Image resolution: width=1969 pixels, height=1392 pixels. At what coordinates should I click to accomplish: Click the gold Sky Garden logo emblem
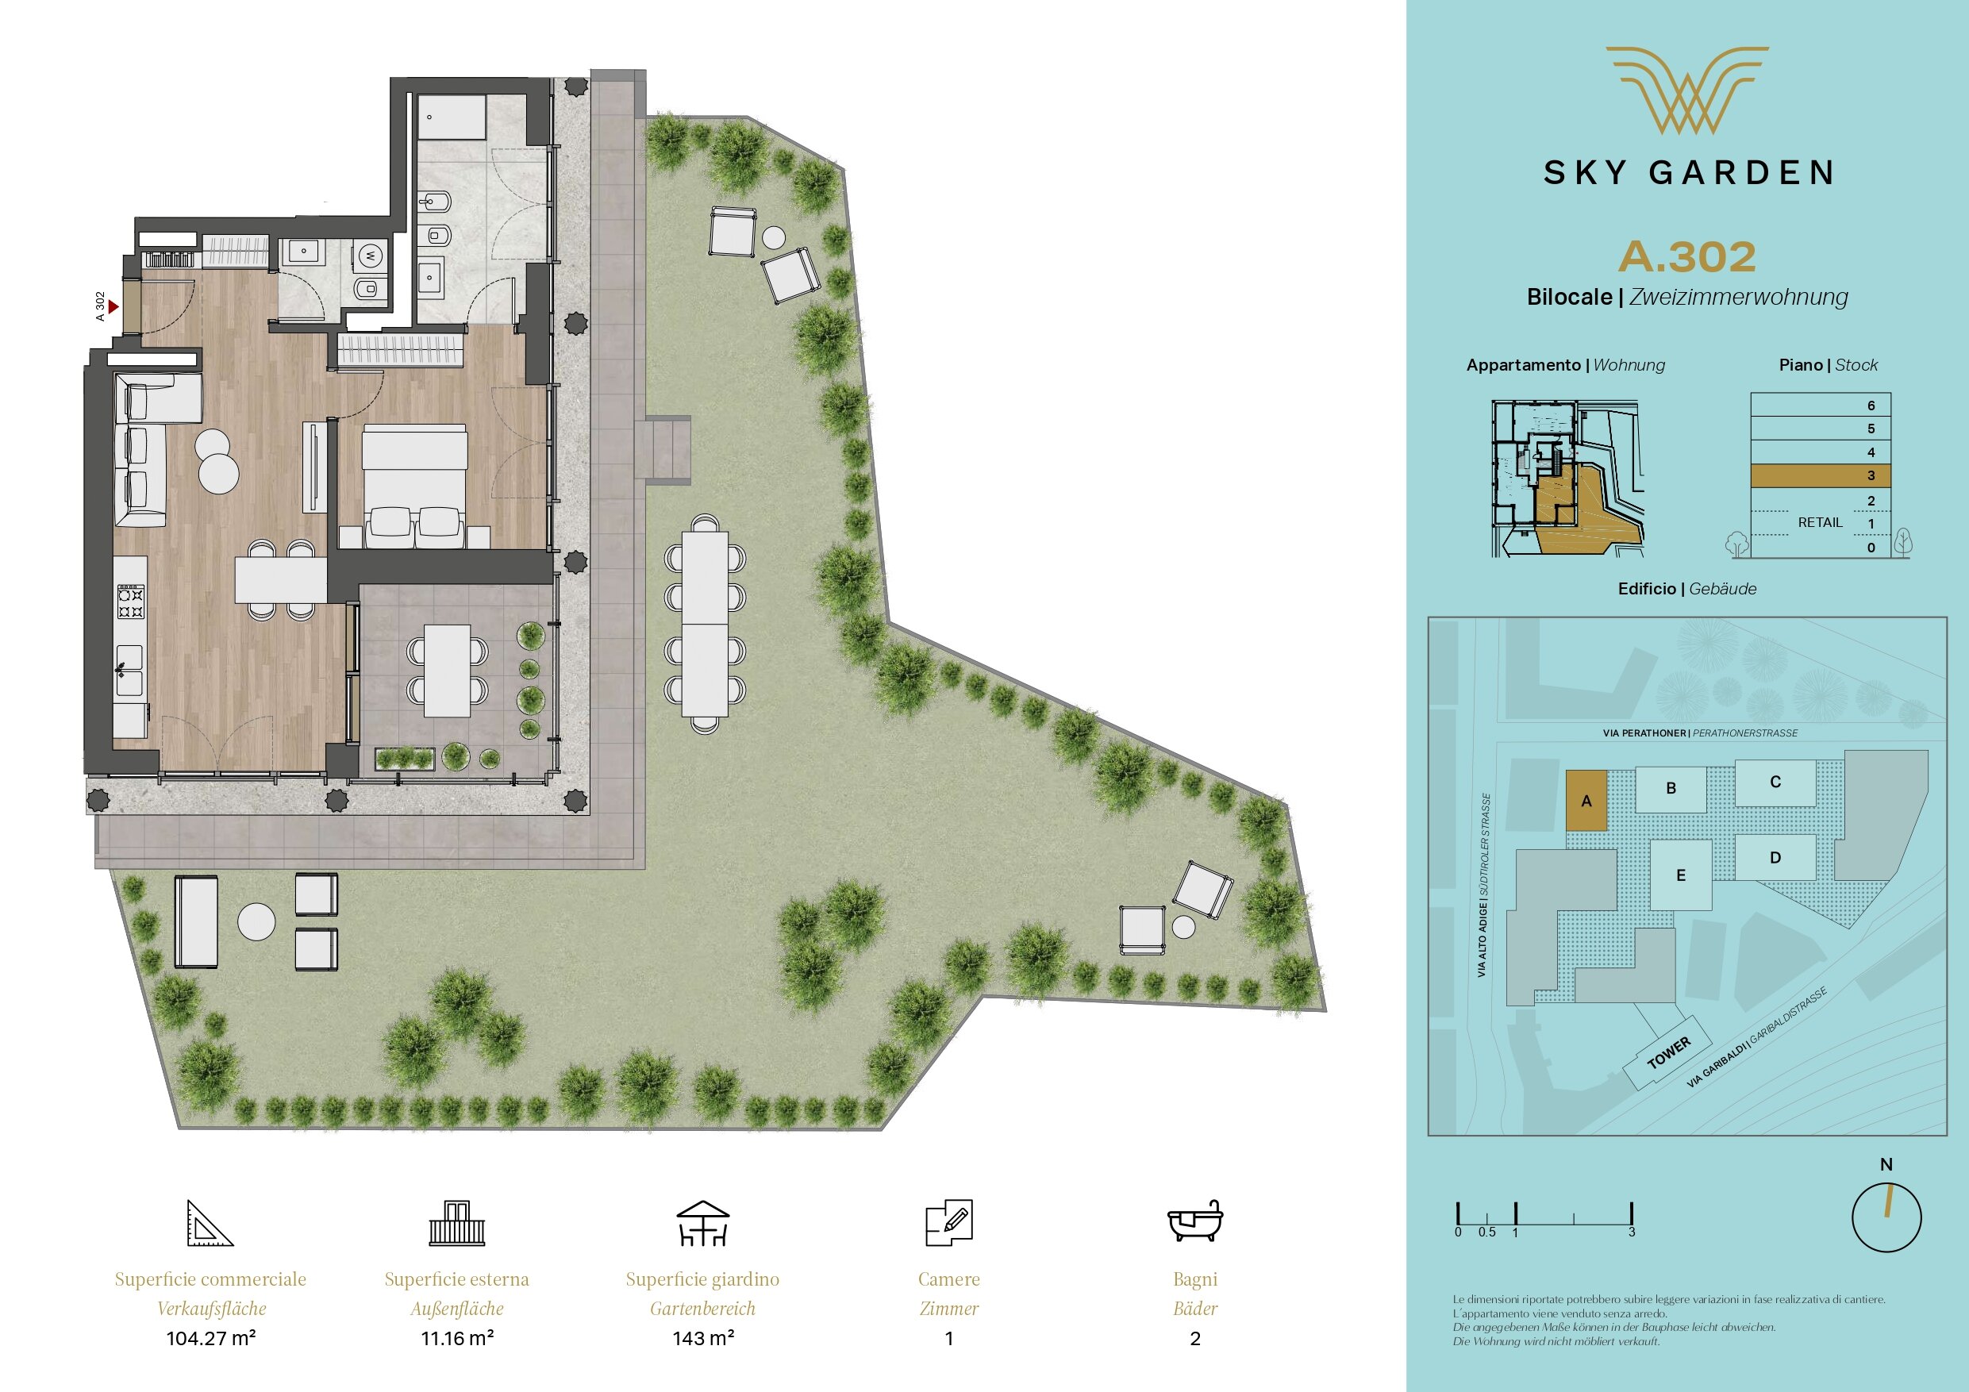1686,90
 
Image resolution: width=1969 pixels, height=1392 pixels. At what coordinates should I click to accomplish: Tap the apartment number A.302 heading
1686,256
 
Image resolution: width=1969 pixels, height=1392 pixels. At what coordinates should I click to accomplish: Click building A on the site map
1586,800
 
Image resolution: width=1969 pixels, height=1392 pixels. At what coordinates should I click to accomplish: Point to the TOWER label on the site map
1669,1052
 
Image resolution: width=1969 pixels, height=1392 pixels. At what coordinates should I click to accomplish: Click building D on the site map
1775,857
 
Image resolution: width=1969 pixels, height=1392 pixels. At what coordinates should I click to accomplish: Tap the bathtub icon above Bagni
1194,1221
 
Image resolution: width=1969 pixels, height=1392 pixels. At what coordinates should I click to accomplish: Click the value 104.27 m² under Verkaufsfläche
211,1338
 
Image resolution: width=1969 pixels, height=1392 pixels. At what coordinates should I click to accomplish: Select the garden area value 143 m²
702,1338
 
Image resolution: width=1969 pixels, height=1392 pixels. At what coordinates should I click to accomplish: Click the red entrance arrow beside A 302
113,306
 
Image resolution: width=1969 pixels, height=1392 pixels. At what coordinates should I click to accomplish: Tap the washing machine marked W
371,255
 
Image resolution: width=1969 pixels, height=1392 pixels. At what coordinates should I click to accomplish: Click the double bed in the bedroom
415,486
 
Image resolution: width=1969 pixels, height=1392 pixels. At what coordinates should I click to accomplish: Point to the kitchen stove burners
130,602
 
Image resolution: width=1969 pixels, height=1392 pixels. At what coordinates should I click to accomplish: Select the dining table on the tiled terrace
448,671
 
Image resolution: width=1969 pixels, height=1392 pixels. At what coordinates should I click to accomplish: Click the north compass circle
1886,1218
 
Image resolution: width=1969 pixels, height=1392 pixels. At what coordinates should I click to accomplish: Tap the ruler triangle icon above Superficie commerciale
210,1223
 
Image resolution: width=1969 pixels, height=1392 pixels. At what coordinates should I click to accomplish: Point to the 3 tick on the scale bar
1631,1213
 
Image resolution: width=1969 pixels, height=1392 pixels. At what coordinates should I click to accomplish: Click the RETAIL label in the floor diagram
1820,522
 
